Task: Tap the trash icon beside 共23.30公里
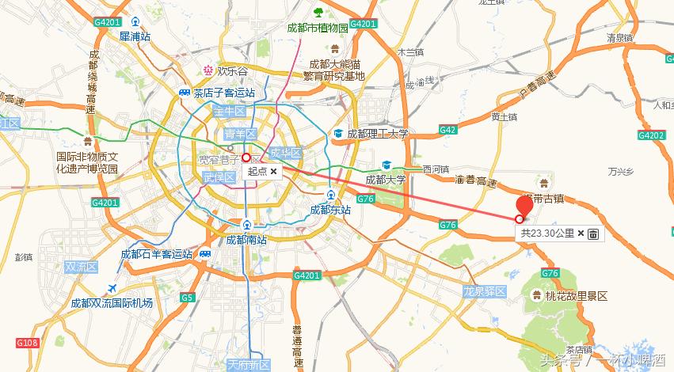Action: click(593, 233)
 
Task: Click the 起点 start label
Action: click(257, 171)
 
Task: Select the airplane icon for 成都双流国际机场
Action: click(111, 287)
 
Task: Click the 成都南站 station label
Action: click(246, 239)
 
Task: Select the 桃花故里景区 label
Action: click(576, 296)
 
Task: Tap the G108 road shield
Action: click(27, 343)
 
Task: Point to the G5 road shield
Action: click(187, 298)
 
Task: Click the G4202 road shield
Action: click(654, 135)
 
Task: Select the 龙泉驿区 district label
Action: click(485, 292)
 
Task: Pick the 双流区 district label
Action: click(80, 267)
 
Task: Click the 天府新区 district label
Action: click(249, 365)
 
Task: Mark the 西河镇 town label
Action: click(436, 169)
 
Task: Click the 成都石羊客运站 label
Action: click(156, 254)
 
